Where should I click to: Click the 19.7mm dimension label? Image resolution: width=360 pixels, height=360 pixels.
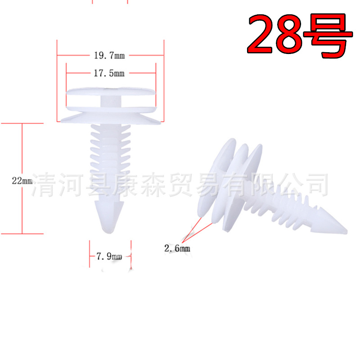tap(109, 56)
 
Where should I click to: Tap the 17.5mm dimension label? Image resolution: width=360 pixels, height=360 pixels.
tap(109, 72)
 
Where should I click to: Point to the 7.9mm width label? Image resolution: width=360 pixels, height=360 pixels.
tap(109, 256)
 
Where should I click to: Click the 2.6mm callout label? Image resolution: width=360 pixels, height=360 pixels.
tap(177, 248)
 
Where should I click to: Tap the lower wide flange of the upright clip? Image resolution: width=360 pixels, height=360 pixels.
tap(111, 117)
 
